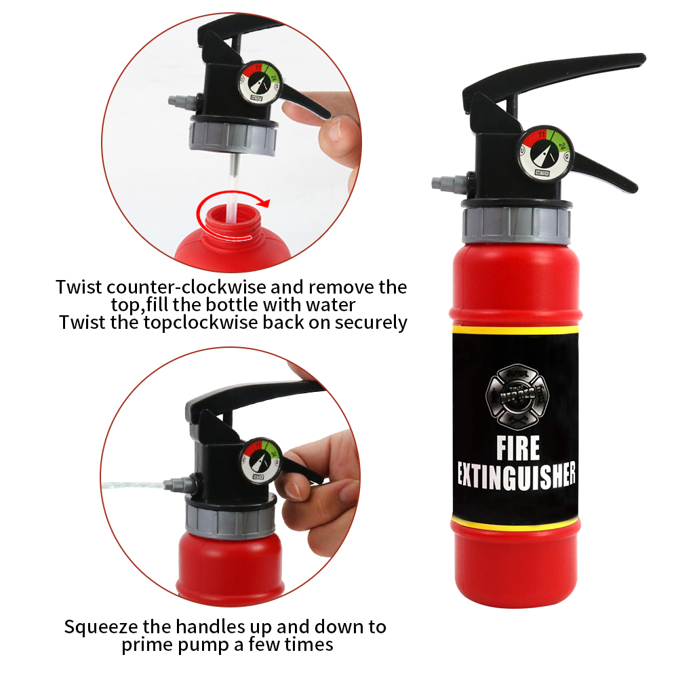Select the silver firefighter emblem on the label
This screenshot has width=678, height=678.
517,393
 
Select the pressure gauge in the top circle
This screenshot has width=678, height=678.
258,86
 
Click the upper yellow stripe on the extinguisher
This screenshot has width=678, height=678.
515,328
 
